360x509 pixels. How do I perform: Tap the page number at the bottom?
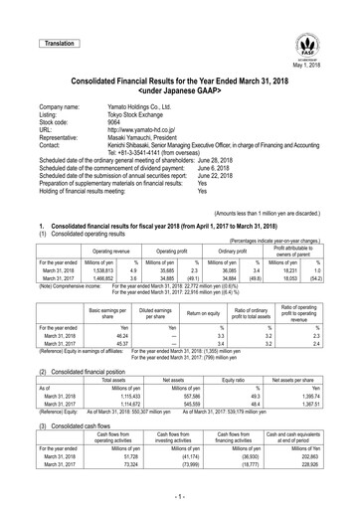point(180,494)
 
